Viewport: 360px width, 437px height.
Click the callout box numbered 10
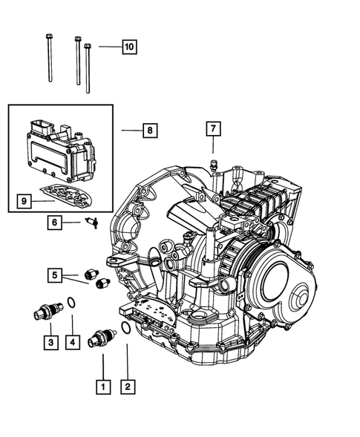128,47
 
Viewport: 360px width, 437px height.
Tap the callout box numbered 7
212,129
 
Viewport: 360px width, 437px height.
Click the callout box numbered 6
54,222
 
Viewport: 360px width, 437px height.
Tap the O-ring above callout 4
71,302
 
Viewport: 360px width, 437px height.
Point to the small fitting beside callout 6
91,222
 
